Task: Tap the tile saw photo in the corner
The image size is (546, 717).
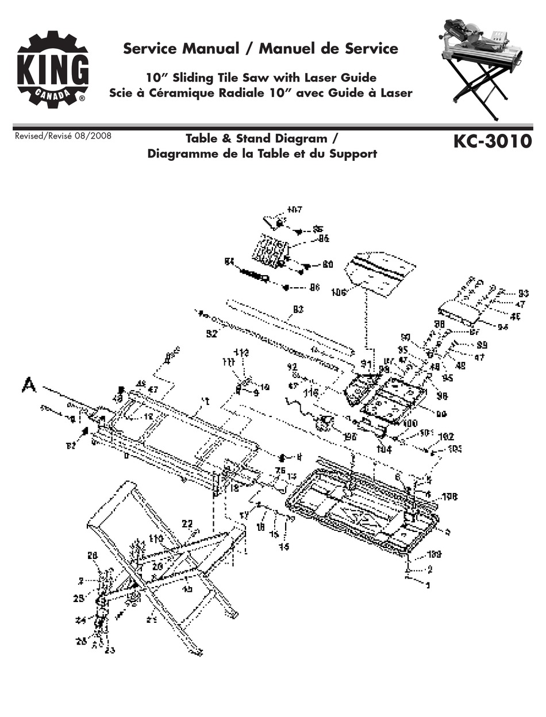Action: click(483, 67)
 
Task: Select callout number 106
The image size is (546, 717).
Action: click(338, 292)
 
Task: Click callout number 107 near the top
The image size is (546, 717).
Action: click(294, 209)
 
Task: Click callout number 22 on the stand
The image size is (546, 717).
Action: click(187, 523)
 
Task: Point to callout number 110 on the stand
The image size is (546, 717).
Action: click(156, 538)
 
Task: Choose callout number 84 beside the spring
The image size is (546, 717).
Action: click(230, 261)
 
